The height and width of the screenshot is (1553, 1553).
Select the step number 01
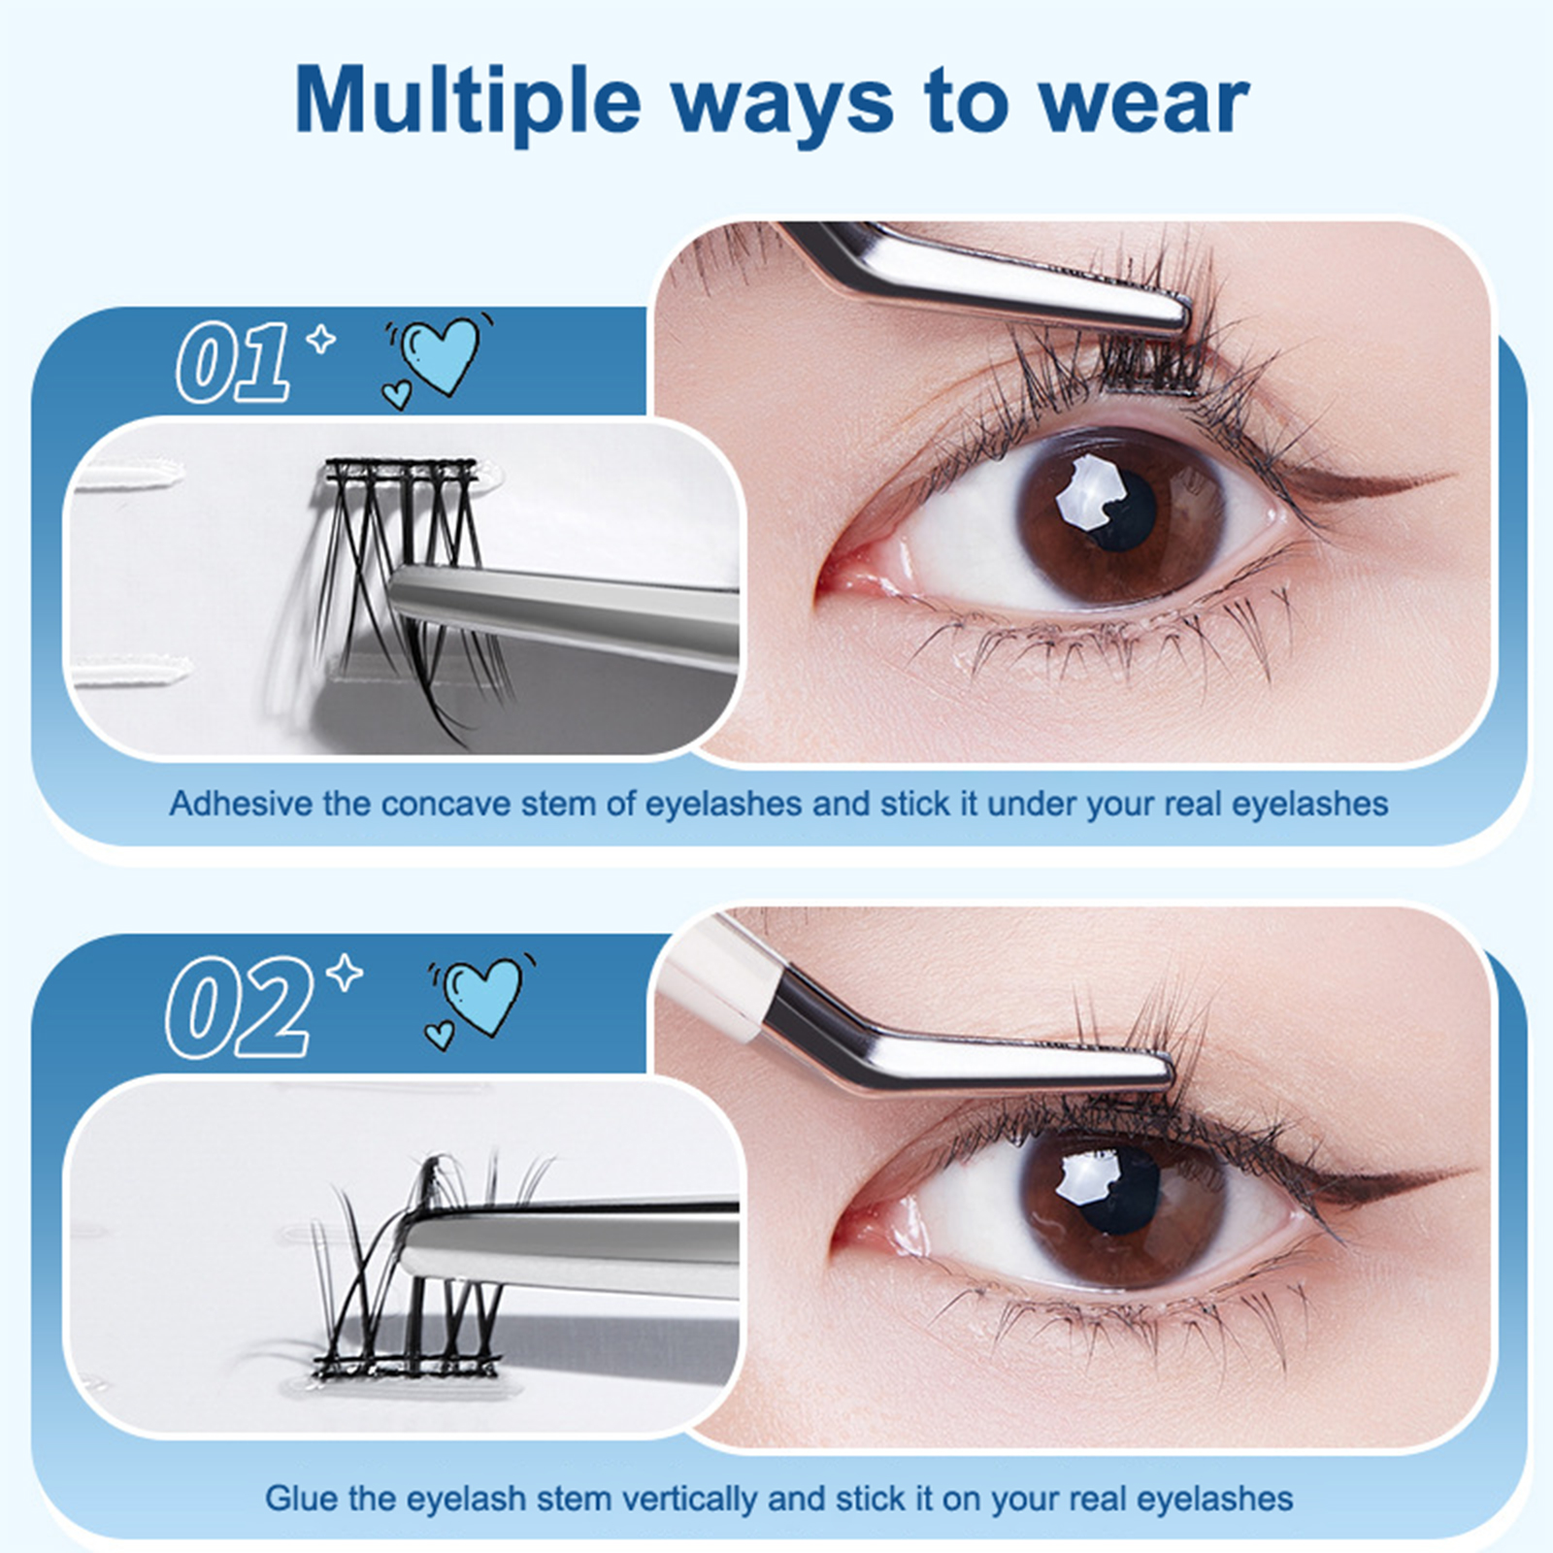click(x=234, y=362)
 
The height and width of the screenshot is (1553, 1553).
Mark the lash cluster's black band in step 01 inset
click(x=401, y=471)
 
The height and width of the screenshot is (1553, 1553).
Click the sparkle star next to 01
click(x=320, y=341)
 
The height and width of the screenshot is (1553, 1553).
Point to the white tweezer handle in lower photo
click(x=718, y=980)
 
